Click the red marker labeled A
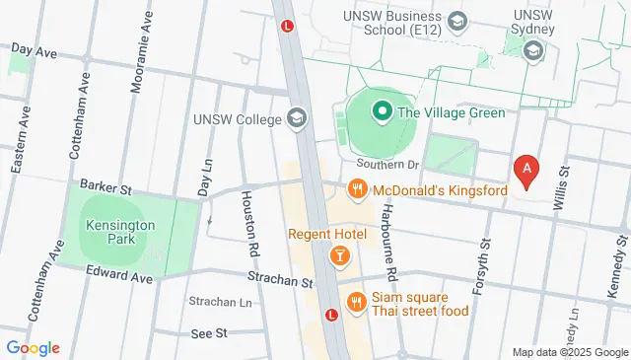527,170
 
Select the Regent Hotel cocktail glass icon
339,256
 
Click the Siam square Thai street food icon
354,300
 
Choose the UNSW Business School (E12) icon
456,21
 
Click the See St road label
208,333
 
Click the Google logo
33,347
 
